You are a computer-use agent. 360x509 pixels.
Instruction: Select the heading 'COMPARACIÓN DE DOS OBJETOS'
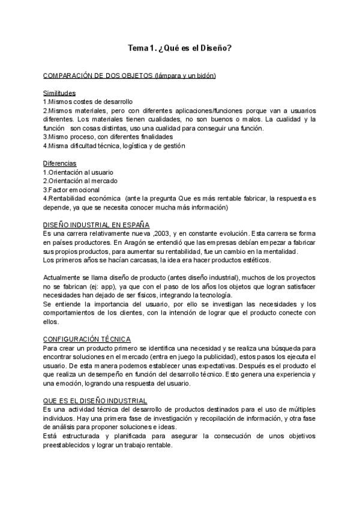(98, 76)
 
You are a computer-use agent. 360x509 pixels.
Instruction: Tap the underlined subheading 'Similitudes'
(59, 94)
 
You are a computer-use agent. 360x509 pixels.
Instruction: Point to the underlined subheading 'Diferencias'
(59, 163)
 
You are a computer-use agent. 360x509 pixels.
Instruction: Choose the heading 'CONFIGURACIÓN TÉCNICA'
(87, 339)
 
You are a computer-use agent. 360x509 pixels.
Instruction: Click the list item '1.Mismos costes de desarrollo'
(88, 102)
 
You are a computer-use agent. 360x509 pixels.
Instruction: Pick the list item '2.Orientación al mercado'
(80, 181)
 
